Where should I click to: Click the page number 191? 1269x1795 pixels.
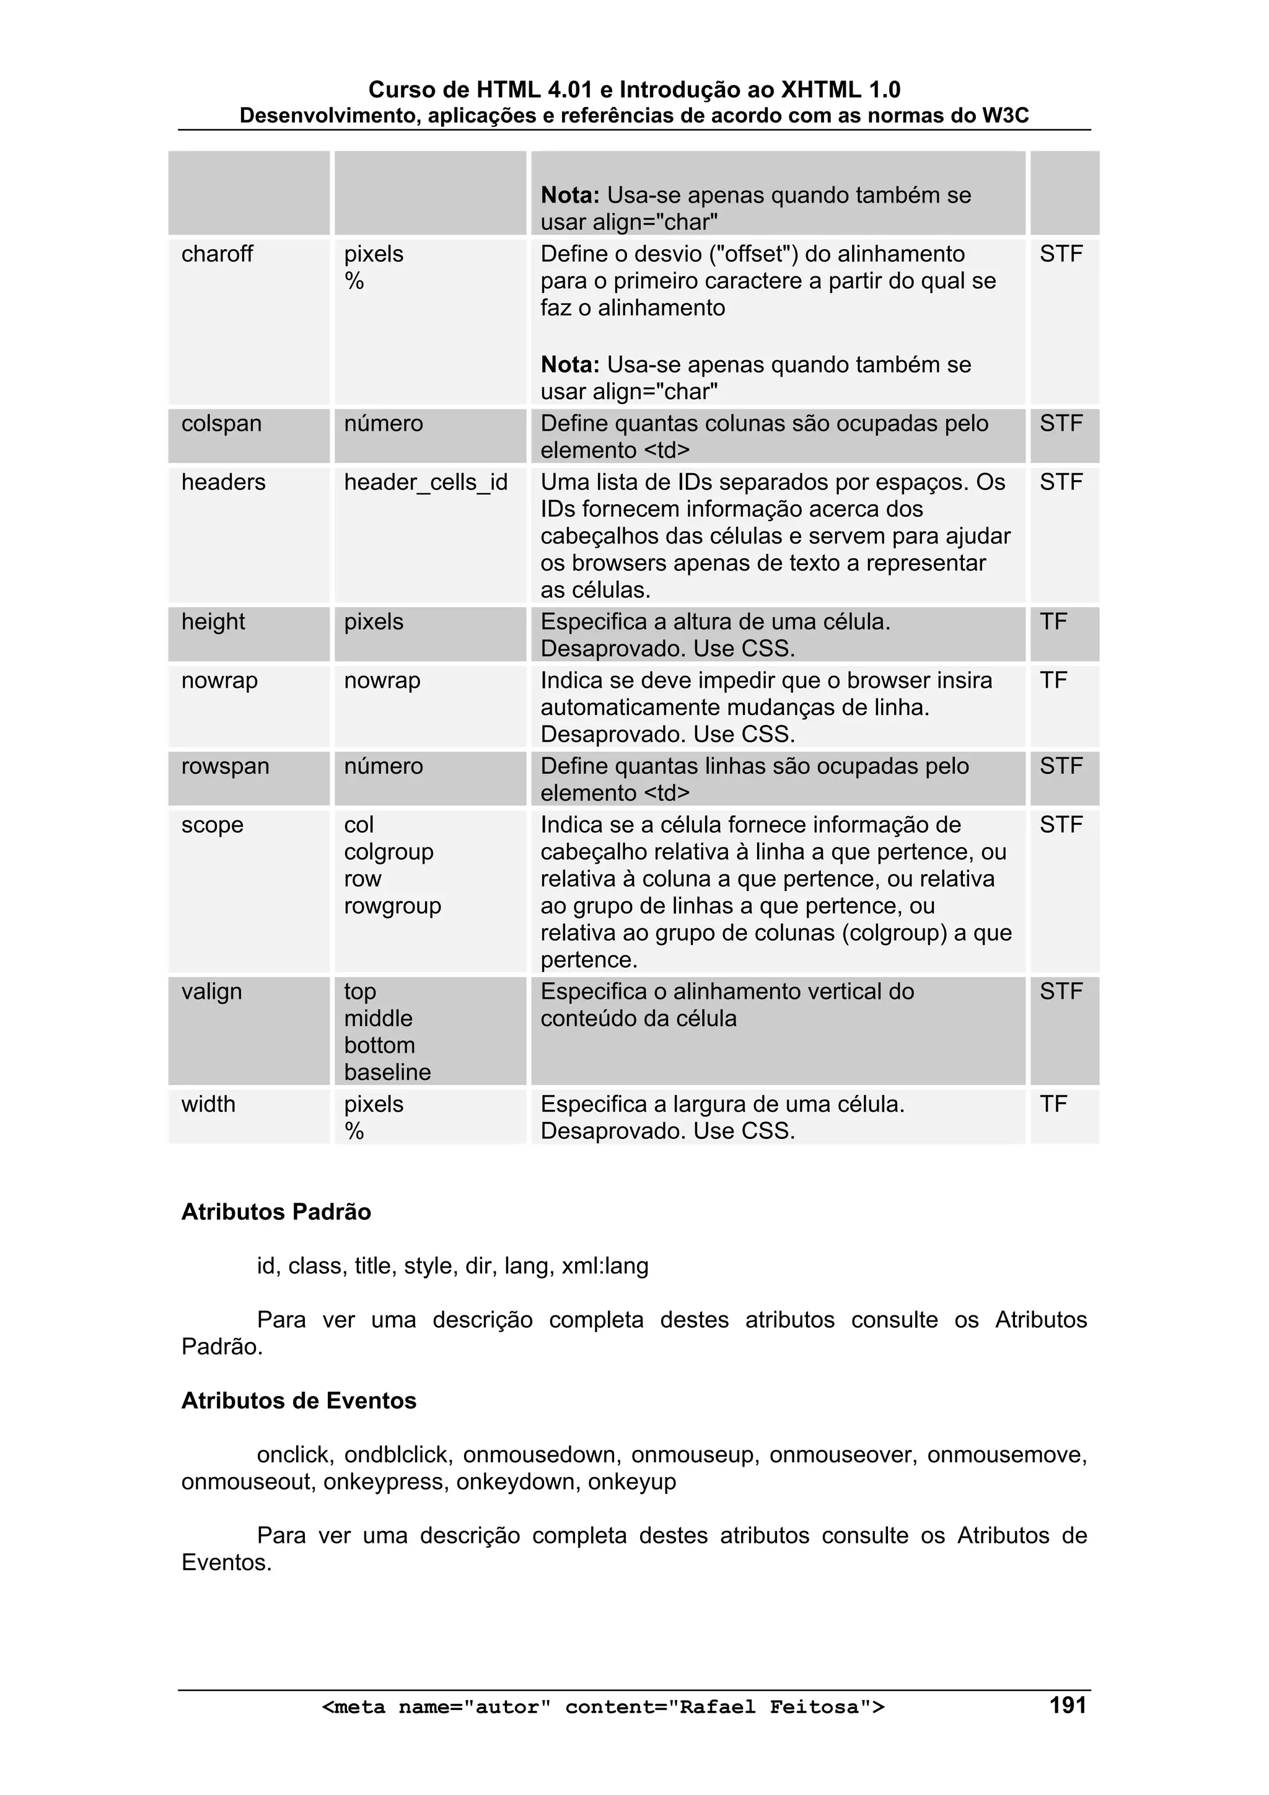coord(1067,1705)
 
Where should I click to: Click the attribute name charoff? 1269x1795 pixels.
coord(217,254)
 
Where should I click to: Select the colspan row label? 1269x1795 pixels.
coord(221,424)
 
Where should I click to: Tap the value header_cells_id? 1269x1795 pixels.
coord(425,483)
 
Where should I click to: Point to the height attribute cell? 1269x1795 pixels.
coord(213,622)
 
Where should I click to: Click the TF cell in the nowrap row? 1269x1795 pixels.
coord(1053,681)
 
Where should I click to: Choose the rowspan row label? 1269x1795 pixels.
coord(225,766)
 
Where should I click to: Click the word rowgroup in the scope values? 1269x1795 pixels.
coord(392,906)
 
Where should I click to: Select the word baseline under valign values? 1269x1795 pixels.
coord(387,1073)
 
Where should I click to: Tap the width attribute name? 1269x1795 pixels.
coord(208,1105)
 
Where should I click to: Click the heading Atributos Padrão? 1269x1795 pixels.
coord(276,1213)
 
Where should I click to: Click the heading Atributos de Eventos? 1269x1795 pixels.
coord(299,1401)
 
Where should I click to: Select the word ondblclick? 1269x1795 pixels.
coord(397,1455)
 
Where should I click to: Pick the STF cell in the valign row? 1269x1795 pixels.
coord(1061,992)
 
